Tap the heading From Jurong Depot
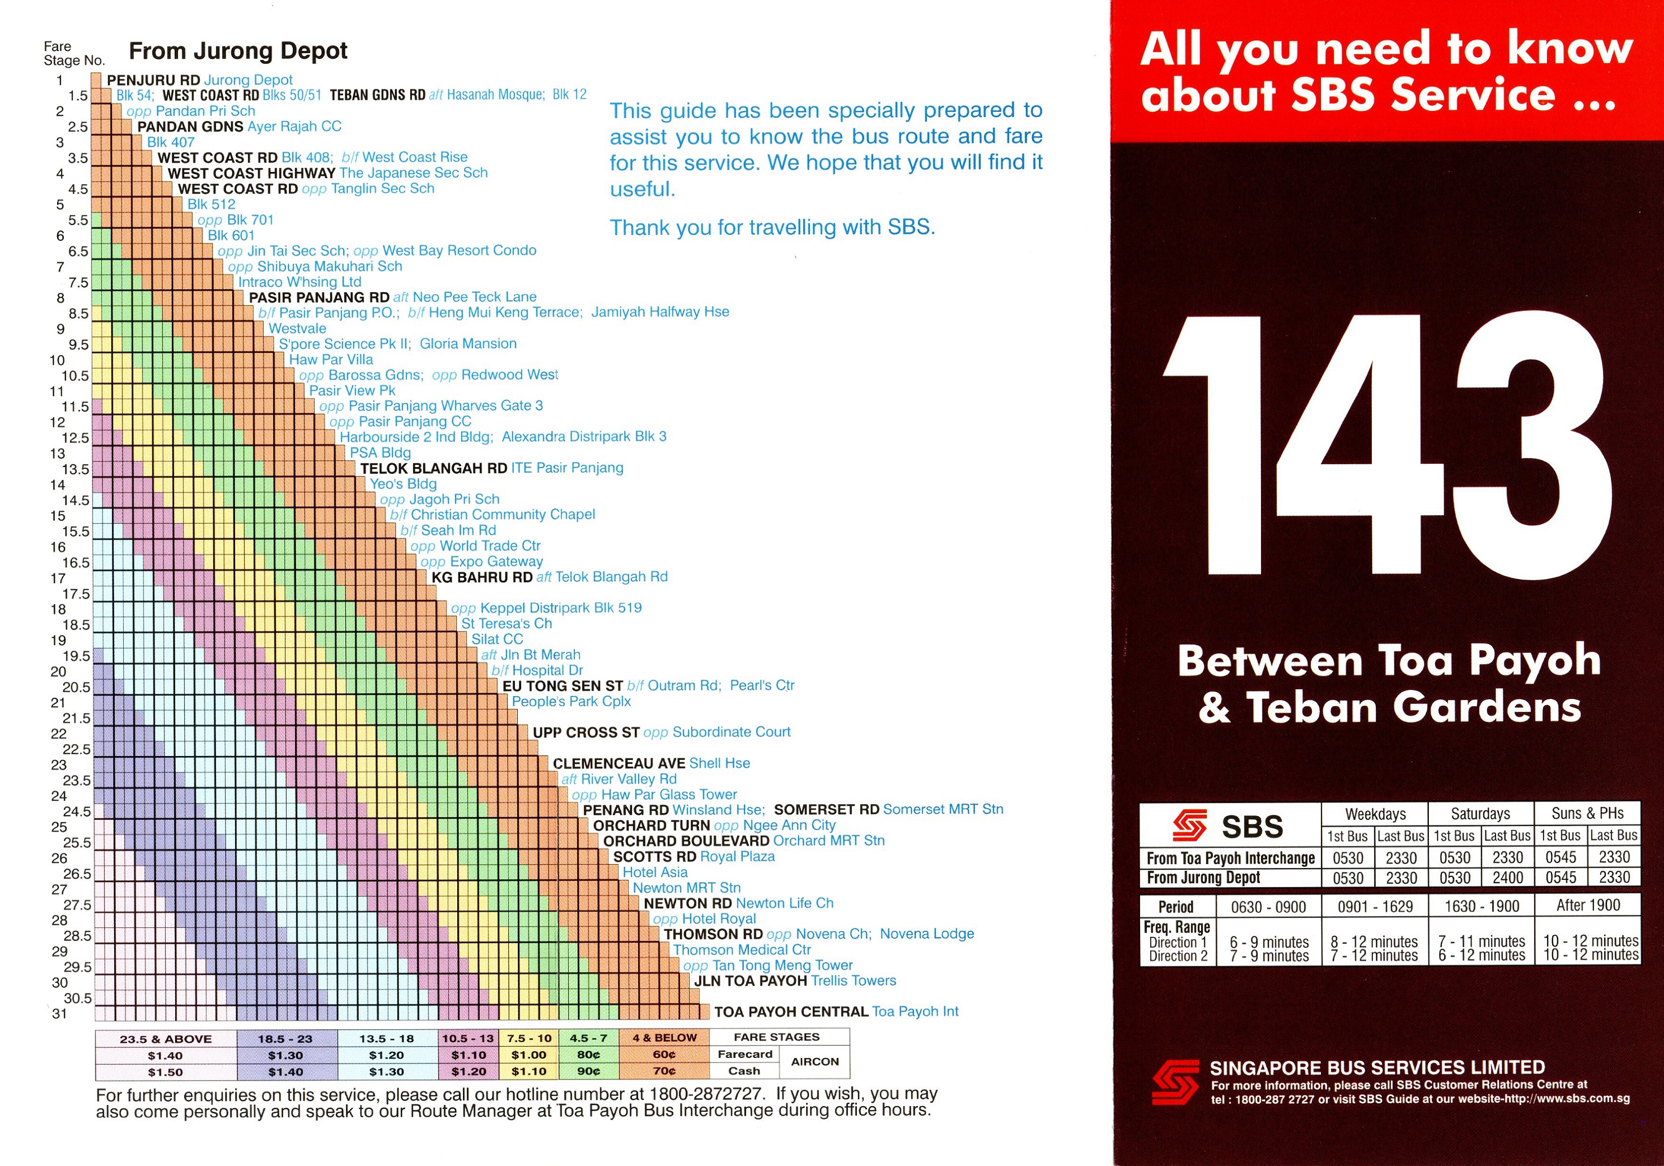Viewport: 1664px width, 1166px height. point(238,51)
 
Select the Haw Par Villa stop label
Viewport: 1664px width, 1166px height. point(331,360)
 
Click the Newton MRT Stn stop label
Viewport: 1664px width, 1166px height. point(686,888)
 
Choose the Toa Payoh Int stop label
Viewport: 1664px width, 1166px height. point(915,1012)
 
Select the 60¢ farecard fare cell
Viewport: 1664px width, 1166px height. point(664,1055)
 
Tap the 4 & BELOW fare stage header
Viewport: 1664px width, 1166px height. point(664,1038)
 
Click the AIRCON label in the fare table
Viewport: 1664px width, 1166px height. point(814,1061)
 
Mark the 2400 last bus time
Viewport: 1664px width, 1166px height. point(1507,878)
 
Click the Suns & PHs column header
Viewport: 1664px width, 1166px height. point(1587,813)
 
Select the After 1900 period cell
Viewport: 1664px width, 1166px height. point(1587,905)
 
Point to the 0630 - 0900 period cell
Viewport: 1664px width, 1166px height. point(1268,906)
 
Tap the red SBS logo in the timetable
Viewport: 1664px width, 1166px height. point(1190,825)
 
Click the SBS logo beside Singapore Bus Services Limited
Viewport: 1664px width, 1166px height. point(1175,1083)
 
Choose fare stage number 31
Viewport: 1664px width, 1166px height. point(59,1014)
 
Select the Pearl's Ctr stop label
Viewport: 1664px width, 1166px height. point(762,685)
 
